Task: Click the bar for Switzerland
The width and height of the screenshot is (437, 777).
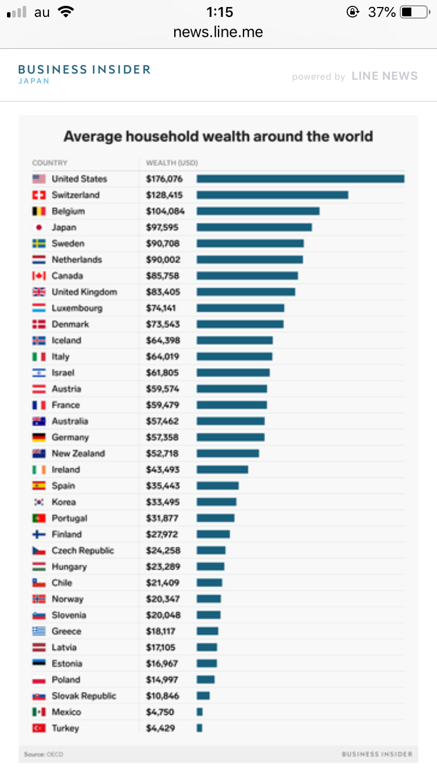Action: tap(272, 195)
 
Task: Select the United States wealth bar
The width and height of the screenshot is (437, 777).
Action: tap(300, 179)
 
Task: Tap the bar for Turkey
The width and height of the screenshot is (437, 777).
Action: tap(199, 728)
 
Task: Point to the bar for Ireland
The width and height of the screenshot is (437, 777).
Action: tap(222, 469)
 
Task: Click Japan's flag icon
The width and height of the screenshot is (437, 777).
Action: tap(39, 227)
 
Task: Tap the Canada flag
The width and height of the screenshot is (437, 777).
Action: tap(39, 276)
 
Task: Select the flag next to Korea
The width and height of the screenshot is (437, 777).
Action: tap(39, 502)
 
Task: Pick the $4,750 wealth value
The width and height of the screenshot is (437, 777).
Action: tap(160, 712)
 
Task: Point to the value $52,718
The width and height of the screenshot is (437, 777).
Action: tap(162, 453)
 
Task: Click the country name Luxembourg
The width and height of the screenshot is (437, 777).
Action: tap(77, 308)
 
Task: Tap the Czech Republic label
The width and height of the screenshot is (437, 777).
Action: tap(83, 550)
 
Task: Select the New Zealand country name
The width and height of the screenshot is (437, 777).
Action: tap(78, 453)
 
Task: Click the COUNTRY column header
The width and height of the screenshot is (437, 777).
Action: tap(50, 163)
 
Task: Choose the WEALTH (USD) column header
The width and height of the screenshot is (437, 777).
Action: tap(171, 163)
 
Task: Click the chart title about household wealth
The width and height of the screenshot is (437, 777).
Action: tap(218, 137)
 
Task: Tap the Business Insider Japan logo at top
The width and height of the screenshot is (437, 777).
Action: tap(84, 73)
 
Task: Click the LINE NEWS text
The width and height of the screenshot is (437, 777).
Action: tap(385, 76)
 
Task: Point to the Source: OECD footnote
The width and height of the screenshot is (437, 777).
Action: tap(44, 754)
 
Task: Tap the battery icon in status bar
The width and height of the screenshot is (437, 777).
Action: tap(414, 12)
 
